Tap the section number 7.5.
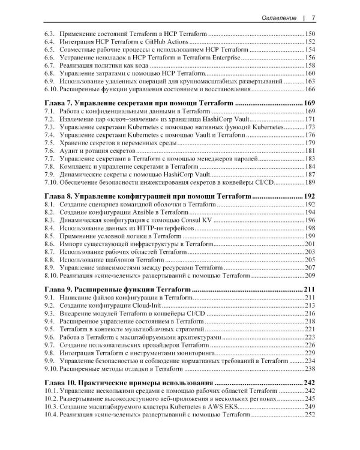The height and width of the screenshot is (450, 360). click(50, 143)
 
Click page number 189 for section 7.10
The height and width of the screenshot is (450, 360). click(310, 182)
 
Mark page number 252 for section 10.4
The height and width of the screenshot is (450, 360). click(310, 414)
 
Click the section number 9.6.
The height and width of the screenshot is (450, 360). click(50, 338)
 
